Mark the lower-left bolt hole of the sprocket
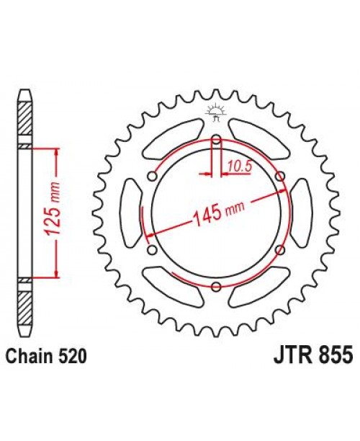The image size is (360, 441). point(152,251)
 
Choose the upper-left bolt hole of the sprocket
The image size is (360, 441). point(152,177)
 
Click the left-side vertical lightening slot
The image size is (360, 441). point(130,214)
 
